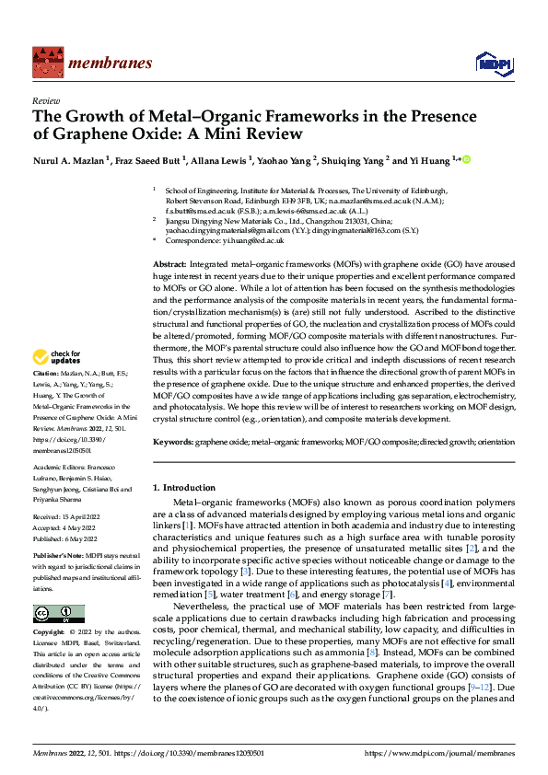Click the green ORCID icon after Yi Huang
(466, 161)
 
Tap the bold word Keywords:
(173, 442)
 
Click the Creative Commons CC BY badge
(58, 614)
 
